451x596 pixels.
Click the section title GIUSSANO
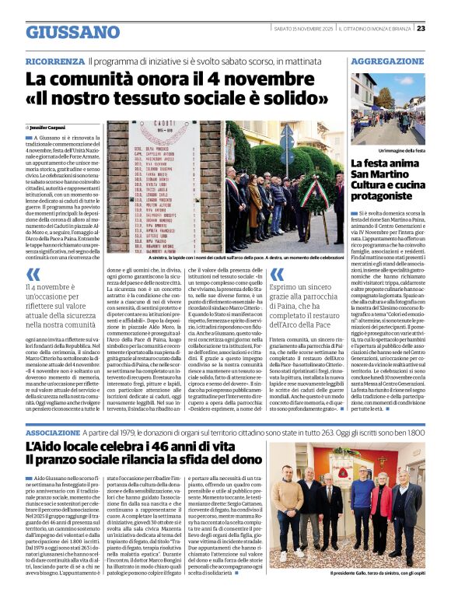coord(73,32)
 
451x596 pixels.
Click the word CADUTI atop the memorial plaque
coord(167,124)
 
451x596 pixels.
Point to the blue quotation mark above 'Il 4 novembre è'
coord(33,274)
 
